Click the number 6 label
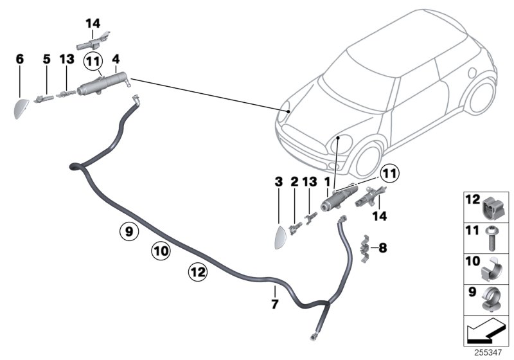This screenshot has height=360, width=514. click(20, 59)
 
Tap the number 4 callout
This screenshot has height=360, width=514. click(116, 59)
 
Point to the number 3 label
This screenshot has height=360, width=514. click(278, 183)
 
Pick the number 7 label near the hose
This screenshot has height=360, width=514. click(274, 304)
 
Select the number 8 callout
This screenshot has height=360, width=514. click(384, 246)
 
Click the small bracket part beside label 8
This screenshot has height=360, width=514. click(364, 246)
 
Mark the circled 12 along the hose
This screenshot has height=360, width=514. click(197, 272)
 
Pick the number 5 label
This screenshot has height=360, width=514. click(46, 59)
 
